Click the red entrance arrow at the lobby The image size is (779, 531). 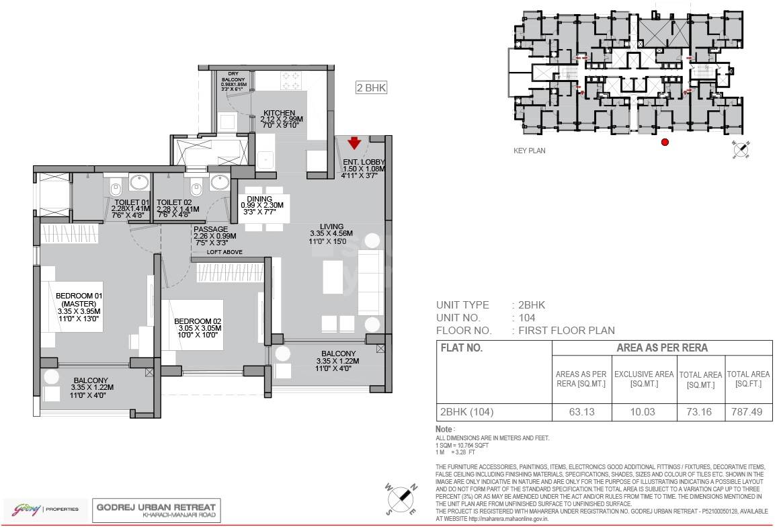(354, 142)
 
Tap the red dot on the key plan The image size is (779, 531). (665, 142)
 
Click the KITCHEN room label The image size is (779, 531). (279, 113)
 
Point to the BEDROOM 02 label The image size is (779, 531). (198, 321)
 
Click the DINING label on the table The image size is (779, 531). (259, 199)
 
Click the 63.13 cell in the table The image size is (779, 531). (581, 412)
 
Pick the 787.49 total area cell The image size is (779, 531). (748, 412)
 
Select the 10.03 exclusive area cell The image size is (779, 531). (644, 412)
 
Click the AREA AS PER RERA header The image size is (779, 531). (661, 348)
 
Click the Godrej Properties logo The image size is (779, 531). (42, 508)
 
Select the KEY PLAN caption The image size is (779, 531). (529, 151)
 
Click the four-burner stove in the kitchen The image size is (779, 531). (292, 81)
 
